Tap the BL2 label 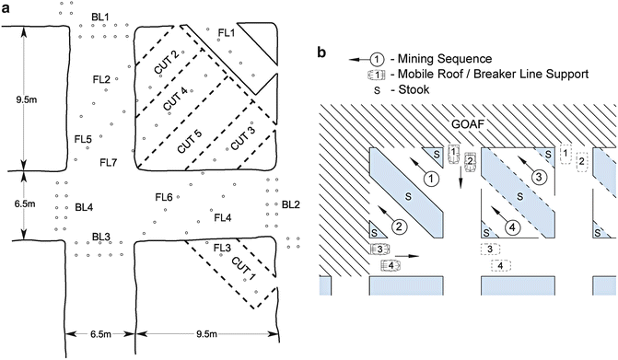(x=290, y=203)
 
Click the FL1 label (x=227, y=33)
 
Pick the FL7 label (x=109, y=161)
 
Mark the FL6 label (x=164, y=197)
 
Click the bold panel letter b (x=321, y=52)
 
